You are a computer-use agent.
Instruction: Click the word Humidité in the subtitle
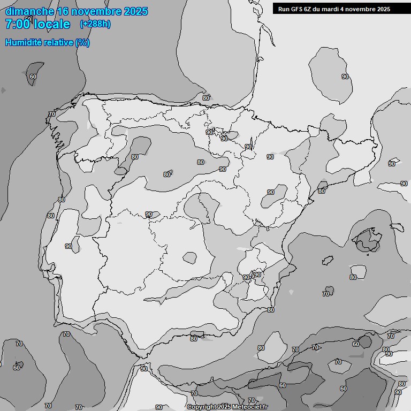coord(24,42)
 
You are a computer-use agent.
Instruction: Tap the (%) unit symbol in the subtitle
coord(82,42)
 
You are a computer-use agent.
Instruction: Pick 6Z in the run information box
coord(309,9)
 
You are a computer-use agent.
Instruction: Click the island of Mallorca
coord(368,239)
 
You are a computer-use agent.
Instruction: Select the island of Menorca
coord(397,227)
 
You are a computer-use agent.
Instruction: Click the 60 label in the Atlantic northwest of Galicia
coord(33,77)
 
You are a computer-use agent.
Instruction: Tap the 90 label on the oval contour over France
coord(345,77)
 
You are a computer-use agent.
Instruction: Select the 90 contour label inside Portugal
coord(68,246)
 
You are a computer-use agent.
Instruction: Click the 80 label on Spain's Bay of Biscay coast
coord(206,98)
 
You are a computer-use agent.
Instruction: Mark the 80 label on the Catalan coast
coord(321,191)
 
